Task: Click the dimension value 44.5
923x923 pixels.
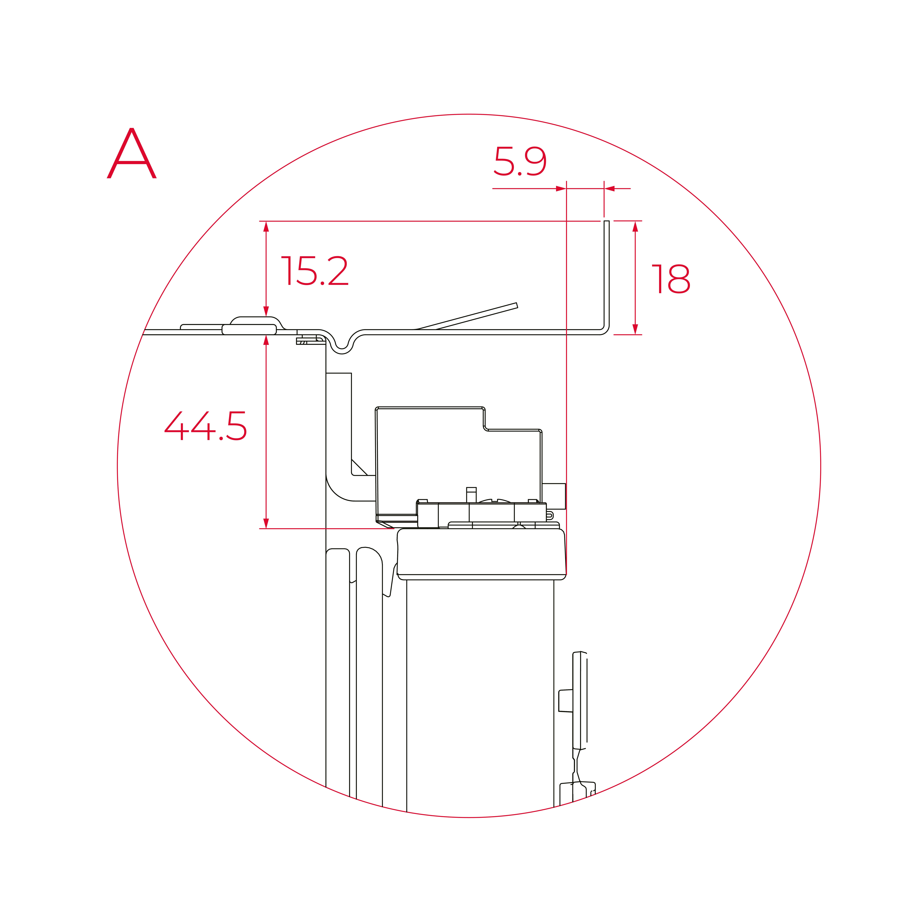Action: pyautogui.click(x=205, y=426)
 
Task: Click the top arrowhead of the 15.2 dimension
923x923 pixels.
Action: pyautogui.click(x=266, y=226)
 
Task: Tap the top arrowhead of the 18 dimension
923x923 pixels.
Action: pyautogui.click(x=635, y=226)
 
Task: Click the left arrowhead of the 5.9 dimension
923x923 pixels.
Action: pyautogui.click(x=561, y=189)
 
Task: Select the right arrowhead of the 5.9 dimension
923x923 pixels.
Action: pyautogui.click(x=610, y=189)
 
